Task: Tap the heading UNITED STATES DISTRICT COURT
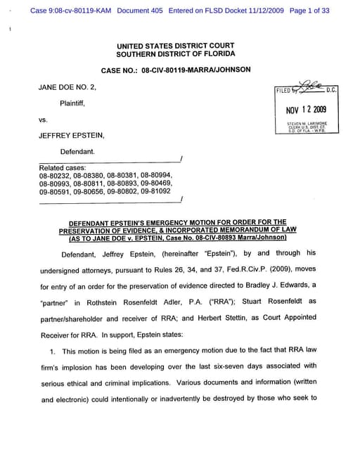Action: coord(176,46)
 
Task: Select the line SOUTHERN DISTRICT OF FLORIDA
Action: coord(176,54)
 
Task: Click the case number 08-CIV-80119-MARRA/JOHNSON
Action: coord(175,71)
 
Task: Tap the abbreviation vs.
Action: coord(44,120)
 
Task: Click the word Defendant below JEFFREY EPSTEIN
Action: coord(79,152)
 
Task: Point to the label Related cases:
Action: coord(63,168)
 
